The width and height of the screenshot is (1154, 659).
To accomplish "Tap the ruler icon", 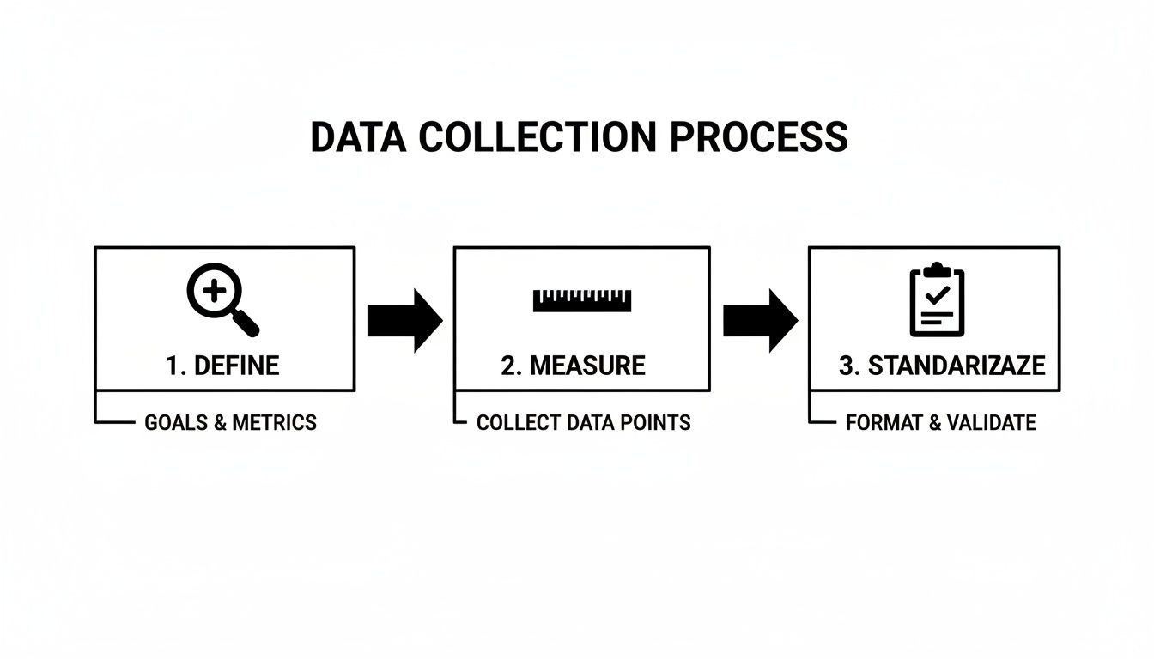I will pos(582,299).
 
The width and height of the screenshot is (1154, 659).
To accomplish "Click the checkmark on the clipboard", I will pos(937,296).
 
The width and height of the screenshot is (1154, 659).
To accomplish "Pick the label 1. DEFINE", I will pos(222,366).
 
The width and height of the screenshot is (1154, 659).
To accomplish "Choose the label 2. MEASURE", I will pos(573,366).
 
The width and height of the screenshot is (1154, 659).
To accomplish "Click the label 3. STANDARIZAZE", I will pos(942,366).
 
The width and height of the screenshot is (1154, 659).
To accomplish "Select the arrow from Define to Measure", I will pos(404,320).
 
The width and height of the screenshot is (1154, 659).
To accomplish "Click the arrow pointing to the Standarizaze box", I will pos(760,320).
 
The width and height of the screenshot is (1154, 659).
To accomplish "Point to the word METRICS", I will pos(274,423).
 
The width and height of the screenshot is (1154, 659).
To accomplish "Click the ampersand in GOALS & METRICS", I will pos(218,423).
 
